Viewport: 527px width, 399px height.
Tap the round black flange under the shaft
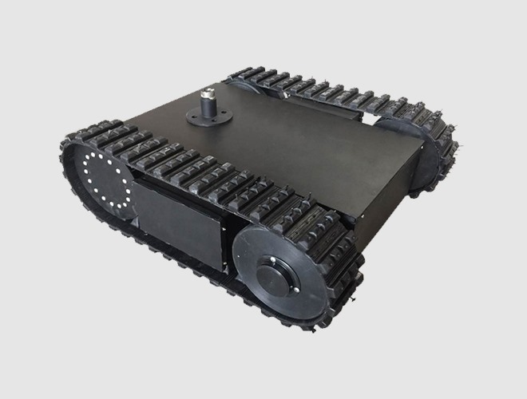209,117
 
